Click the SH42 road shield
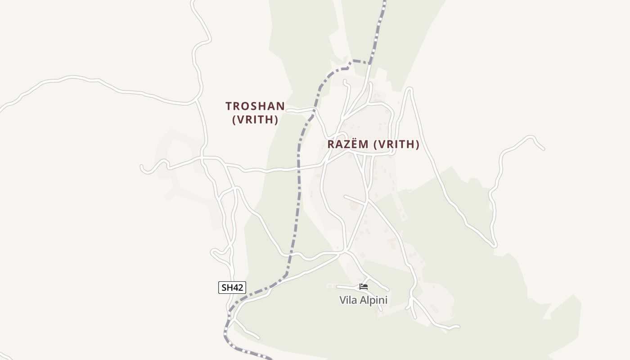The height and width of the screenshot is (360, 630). pos(232,288)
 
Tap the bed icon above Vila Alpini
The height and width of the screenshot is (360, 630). pos(364,287)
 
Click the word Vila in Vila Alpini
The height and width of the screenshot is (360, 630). pos(348,300)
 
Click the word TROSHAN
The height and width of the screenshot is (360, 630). pos(255,106)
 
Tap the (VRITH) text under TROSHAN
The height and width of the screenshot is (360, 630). pos(255,120)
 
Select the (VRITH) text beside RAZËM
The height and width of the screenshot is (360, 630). pos(397,144)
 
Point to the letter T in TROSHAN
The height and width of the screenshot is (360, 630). pos(229,106)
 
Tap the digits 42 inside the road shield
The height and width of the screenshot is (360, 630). pos(238,288)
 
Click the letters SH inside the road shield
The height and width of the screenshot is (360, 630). pos(227,288)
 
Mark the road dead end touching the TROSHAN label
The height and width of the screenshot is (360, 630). pos(288,109)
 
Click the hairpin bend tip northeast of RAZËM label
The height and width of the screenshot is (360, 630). pos(409,89)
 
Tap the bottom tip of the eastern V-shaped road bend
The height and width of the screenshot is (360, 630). pos(494,246)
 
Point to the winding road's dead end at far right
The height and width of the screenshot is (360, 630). pos(543,148)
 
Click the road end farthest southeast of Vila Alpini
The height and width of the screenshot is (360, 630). pos(458,327)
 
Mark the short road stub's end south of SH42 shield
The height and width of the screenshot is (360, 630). pos(258,337)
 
